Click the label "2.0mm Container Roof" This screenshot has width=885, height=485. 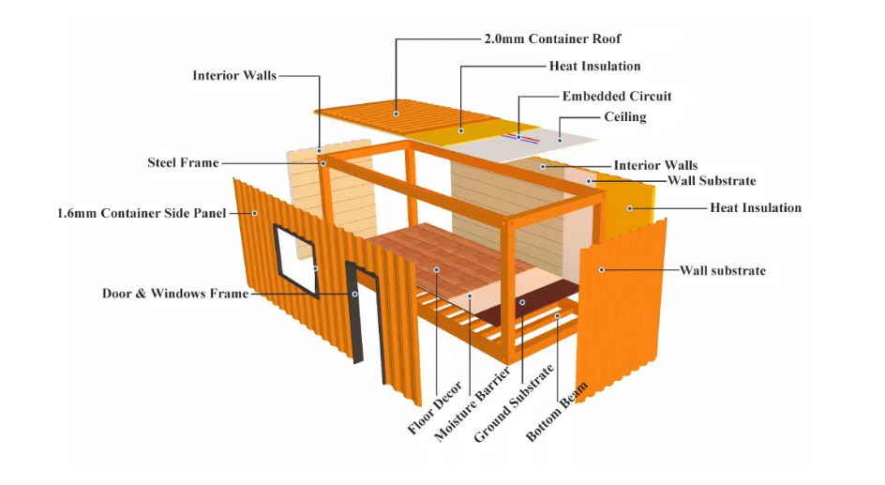tap(552, 39)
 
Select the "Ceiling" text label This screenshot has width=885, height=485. tap(624, 117)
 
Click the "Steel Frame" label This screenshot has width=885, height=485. tap(183, 163)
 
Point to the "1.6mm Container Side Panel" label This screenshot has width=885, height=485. tap(142, 213)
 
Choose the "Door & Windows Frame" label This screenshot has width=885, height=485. tap(175, 294)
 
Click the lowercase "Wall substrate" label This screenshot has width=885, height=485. tap(722, 271)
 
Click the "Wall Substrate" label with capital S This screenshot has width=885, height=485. tap(712, 181)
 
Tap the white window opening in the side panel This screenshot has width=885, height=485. tap(294, 260)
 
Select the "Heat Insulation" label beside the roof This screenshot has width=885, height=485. tap(594, 67)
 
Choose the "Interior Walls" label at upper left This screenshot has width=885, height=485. tap(234, 75)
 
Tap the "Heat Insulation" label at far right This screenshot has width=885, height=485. tap(756, 207)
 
